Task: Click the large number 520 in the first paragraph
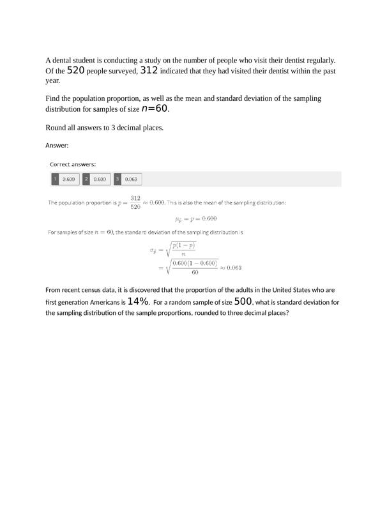(x=75, y=70)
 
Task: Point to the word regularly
(x=319, y=61)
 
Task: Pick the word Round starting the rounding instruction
(x=56, y=128)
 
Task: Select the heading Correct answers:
(x=73, y=164)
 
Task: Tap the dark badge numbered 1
(x=55, y=179)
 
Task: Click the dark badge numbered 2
(x=86, y=179)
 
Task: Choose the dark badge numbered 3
(x=118, y=179)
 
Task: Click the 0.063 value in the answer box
(x=131, y=179)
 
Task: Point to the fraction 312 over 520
(x=135, y=202)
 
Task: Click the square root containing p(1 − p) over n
(x=183, y=249)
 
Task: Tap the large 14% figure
(x=138, y=301)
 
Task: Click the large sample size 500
(x=243, y=301)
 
